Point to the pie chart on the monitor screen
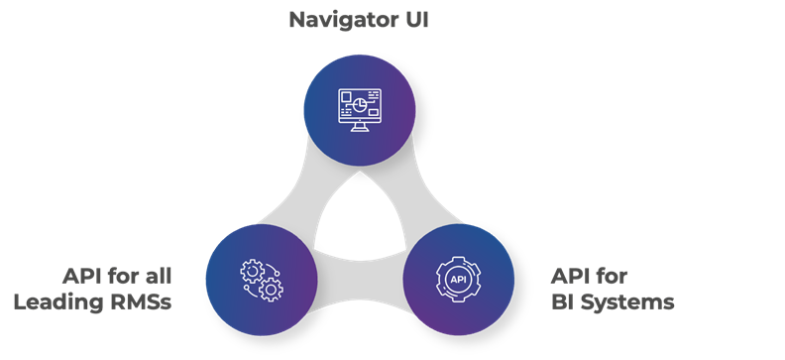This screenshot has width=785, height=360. (367, 102)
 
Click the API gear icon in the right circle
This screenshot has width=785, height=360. (458, 278)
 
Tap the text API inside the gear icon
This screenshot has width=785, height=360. (458, 279)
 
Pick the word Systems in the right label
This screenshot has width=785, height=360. (626, 302)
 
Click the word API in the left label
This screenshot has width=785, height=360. (84, 276)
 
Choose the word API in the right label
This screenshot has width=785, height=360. (572, 276)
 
